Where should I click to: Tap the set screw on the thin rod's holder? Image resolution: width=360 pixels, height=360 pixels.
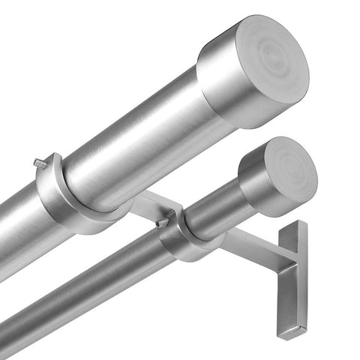click(161, 222)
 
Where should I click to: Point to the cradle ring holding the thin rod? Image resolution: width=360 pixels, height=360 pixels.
click(177, 240)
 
